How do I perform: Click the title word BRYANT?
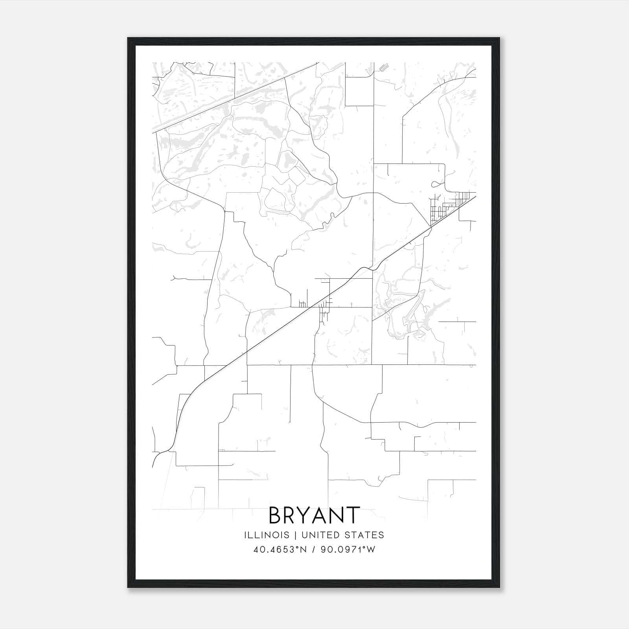(314, 515)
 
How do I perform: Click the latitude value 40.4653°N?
(280, 550)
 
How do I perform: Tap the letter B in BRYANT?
(275, 515)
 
